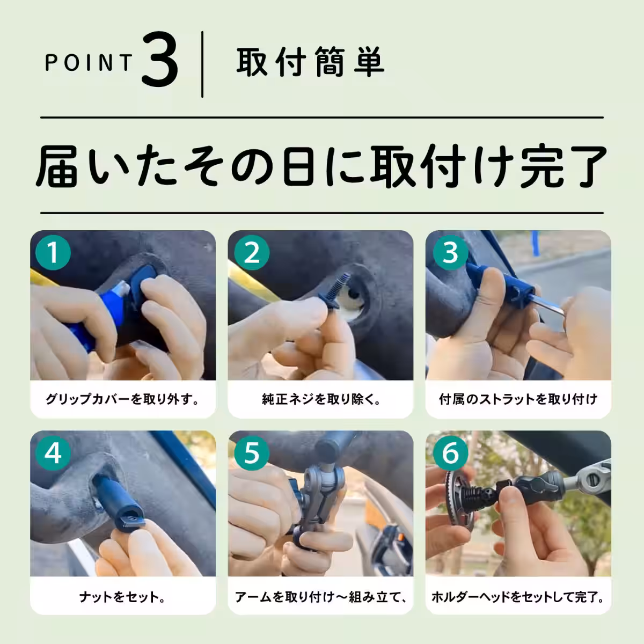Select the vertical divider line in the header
click(x=202, y=64)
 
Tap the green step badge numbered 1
click(x=53, y=252)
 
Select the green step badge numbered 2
click(x=251, y=252)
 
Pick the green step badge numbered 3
click(x=450, y=252)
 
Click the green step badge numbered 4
click(x=53, y=453)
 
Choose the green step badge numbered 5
click(x=251, y=453)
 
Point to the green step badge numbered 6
click(x=450, y=453)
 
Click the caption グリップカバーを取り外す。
click(x=123, y=399)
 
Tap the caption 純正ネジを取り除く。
click(x=321, y=399)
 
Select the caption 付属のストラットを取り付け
click(x=518, y=399)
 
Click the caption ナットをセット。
click(x=123, y=597)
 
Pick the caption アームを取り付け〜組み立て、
click(x=321, y=597)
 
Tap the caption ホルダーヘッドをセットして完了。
click(x=518, y=597)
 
